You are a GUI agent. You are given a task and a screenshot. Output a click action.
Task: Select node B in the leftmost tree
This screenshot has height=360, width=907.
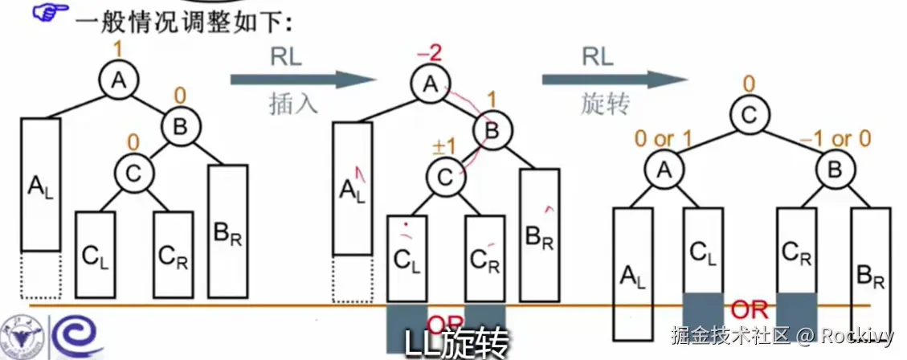pyautogui.click(x=179, y=126)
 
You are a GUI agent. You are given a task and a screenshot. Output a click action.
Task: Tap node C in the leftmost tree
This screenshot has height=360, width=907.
pyautogui.click(x=133, y=170)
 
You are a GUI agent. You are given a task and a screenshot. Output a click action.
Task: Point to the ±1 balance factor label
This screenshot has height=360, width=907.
pyautogui.click(x=444, y=147)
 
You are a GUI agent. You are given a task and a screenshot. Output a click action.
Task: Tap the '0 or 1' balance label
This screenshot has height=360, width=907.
pyautogui.click(x=664, y=140)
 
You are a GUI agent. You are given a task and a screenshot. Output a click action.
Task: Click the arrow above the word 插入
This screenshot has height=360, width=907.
pyautogui.click(x=303, y=79)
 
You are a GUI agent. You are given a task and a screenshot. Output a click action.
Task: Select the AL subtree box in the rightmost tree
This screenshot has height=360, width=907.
pyautogui.click(x=632, y=272)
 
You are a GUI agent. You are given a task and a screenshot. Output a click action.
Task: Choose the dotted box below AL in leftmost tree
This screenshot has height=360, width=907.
pyautogui.click(x=41, y=276)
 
